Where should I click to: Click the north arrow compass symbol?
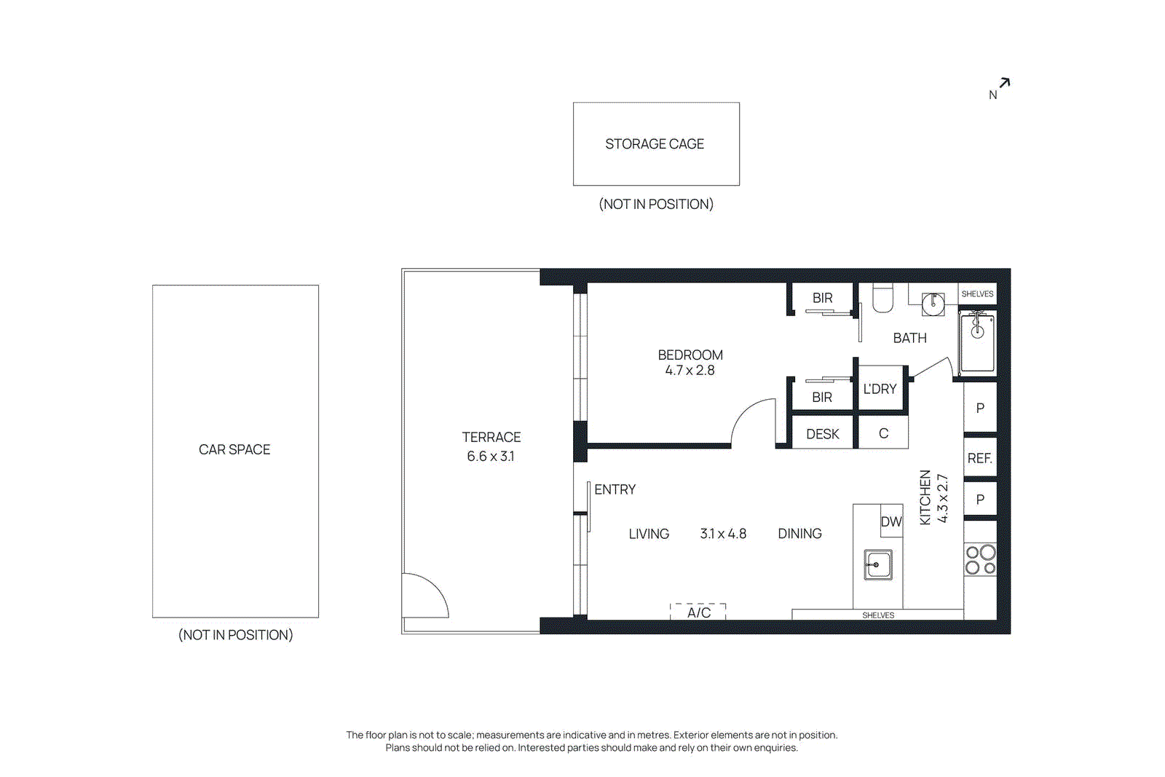1003,84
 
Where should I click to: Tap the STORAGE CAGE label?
655,144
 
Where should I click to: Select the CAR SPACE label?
234,449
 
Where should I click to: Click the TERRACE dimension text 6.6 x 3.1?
490,457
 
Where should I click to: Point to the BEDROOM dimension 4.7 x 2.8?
690,371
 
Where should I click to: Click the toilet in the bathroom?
882,298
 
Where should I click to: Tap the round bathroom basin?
933,304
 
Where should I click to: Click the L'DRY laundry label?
880,389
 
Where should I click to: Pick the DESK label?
823,434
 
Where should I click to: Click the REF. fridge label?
979,458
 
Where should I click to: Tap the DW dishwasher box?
891,521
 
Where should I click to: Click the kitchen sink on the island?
878,564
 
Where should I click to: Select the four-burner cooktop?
980,560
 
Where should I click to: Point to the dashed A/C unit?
698,612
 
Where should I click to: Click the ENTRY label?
615,489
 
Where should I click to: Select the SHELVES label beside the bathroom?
977,294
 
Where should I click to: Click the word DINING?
799,534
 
